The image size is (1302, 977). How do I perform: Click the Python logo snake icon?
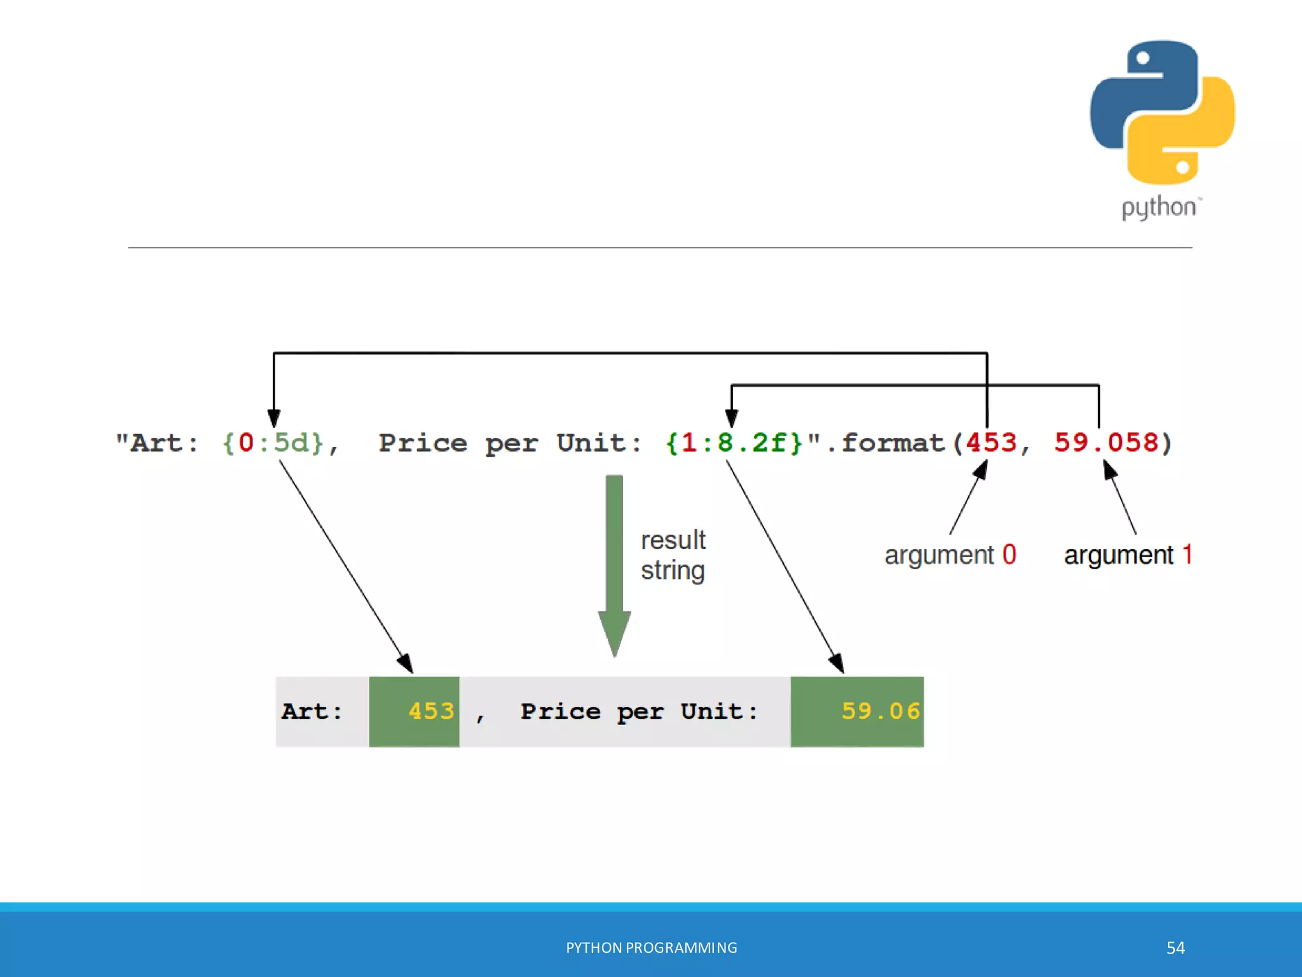(1162, 112)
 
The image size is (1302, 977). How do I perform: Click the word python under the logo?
(1158, 208)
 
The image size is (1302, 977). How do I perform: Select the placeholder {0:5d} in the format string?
(273, 443)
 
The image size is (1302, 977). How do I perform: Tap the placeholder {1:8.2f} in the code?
(734, 443)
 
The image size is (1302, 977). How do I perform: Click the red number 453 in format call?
(991, 443)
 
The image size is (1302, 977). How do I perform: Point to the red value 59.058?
(1106, 443)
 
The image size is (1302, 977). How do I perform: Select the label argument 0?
(950, 555)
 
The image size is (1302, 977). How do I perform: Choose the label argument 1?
(1128, 555)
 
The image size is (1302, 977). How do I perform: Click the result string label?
(673, 555)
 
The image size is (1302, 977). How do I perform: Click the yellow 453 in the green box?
(431, 711)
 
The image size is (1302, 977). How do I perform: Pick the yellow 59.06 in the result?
(881, 711)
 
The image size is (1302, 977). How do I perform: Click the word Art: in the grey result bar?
(312, 711)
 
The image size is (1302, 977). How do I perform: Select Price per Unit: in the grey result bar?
(639, 711)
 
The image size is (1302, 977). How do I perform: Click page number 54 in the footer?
(1175, 948)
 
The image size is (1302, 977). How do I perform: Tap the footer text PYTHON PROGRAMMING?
(651, 948)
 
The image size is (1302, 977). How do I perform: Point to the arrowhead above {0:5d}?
(274, 418)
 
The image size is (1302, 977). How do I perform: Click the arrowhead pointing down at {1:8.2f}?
(731, 418)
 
